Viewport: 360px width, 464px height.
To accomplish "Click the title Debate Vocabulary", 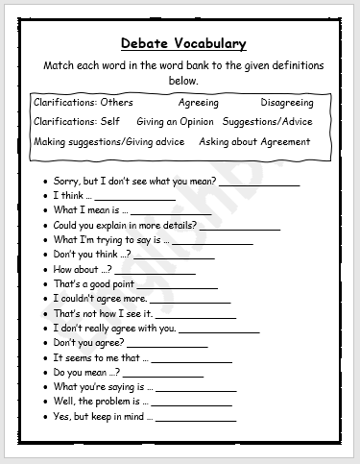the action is tap(184, 43).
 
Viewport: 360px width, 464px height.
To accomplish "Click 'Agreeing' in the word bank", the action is tap(199, 102).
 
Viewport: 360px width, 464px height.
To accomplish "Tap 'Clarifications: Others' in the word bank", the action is tap(84, 102).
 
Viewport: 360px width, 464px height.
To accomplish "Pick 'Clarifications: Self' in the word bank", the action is tap(78, 122).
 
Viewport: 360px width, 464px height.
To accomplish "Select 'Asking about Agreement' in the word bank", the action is tap(254, 142).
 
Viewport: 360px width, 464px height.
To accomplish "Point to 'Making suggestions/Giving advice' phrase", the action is tap(109, 142).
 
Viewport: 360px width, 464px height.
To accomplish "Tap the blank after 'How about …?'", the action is tap(155, 272).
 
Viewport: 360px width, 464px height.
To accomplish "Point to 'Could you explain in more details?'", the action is tap(125, 225).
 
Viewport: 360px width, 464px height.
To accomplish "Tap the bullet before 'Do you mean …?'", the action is tap(45, 373).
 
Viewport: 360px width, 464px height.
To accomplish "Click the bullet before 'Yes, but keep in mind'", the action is tap(45, 417).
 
